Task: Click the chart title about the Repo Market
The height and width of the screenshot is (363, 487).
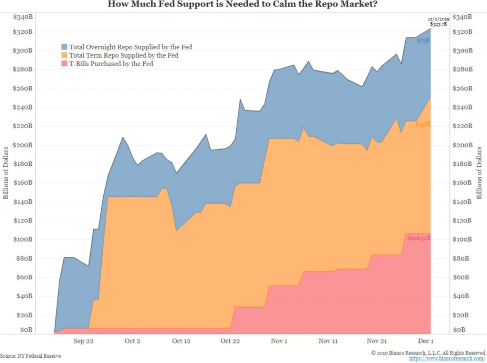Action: (243, 5)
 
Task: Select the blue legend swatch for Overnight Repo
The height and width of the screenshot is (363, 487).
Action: (64, 47)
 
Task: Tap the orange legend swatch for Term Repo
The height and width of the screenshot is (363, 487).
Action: (64, 55)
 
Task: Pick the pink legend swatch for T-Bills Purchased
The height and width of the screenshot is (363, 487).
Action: (64, 63)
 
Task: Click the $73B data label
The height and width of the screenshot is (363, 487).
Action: (423, 40)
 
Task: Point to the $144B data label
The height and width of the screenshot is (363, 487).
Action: (422, 124)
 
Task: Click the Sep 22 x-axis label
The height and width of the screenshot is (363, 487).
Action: (83, 341)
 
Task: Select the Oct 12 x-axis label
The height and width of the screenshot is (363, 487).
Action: (181, 341)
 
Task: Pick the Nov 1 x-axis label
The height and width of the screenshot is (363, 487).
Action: (279, 341)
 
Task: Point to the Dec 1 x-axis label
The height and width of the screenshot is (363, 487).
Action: (426, 341)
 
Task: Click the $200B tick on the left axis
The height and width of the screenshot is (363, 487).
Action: (23, 145)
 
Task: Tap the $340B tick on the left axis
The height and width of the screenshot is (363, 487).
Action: (23, 17)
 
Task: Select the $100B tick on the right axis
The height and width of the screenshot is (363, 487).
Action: (462, 239)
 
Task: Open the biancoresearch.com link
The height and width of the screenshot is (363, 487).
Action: (447, 358)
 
